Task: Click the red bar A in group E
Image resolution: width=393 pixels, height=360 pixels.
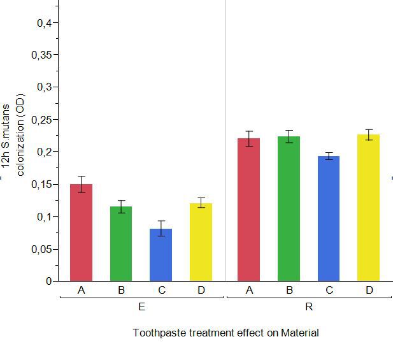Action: [82, 233]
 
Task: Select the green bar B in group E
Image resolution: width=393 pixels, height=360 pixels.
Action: [121, 244]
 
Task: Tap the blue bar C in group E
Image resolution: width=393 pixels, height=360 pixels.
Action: [161, 255]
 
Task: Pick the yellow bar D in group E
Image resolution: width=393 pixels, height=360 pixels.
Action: [201, 243]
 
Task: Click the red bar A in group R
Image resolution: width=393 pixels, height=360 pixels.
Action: [248, 210]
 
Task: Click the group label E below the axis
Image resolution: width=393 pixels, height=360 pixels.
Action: [141, 307]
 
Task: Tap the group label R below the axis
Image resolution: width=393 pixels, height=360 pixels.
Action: [309, 307]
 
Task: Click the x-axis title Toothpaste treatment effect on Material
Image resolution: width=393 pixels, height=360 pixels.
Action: [225, 333]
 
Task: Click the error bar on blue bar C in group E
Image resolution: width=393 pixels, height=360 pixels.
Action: [161, 229]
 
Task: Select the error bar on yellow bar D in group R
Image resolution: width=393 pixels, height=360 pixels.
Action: [368, 134]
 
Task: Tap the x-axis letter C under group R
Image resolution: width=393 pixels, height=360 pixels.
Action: [329, 291]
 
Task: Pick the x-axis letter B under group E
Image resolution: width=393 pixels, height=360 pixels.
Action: [121, 291]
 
